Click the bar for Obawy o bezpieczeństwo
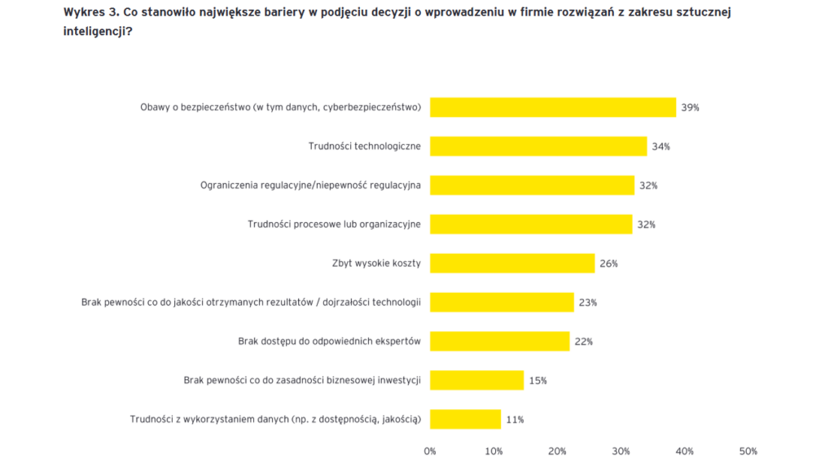click(552, 107)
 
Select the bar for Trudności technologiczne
click(538, 146)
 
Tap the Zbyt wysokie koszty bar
click(512, 263)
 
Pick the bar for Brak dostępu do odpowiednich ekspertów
click(499, 341)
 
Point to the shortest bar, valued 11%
click(465, 419)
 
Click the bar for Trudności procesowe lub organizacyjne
click(531, 224)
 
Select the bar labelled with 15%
click(476, 380)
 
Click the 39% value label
click(691, 107)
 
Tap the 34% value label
click(661, 146)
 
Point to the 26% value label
click(608, 264)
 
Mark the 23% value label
click(588, 303)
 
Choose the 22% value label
click(583, 342)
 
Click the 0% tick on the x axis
click(430, 451)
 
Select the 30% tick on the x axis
click(621, 451)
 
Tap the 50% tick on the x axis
click(748, 451)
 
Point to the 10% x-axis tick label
click(494, 451)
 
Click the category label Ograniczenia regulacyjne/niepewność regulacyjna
click(310, 186)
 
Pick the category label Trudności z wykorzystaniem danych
click(275, 419)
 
